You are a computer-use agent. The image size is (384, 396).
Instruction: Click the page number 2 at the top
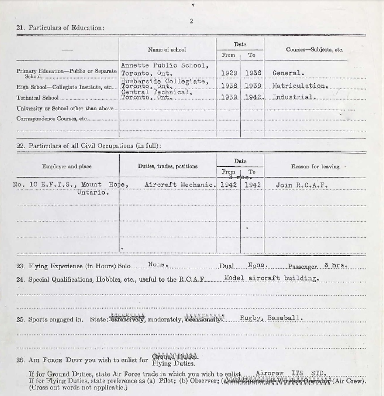pos(191,21)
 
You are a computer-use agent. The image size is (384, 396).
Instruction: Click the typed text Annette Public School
pos(164,65)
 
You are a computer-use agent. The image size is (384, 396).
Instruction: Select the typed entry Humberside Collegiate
pos(164,81)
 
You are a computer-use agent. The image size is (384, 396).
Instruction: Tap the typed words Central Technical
pos(156,92)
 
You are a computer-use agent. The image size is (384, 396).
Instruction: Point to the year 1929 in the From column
pos(229,73)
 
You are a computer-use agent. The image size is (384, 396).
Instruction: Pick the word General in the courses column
pos(288,73)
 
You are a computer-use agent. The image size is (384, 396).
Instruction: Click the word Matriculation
pos(301,86)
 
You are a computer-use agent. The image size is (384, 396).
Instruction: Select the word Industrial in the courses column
pos(294,97)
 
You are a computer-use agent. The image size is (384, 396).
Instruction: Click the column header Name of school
pos(167,50)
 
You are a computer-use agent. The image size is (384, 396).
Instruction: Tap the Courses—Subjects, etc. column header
pos(315,50)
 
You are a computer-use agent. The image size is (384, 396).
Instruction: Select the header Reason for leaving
pos(315,167)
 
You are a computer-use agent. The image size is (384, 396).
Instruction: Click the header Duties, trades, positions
pos(168,166)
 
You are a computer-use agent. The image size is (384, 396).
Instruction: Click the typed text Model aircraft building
pos(272,278)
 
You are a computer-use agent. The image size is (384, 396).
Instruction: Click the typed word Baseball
pos(285,319)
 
